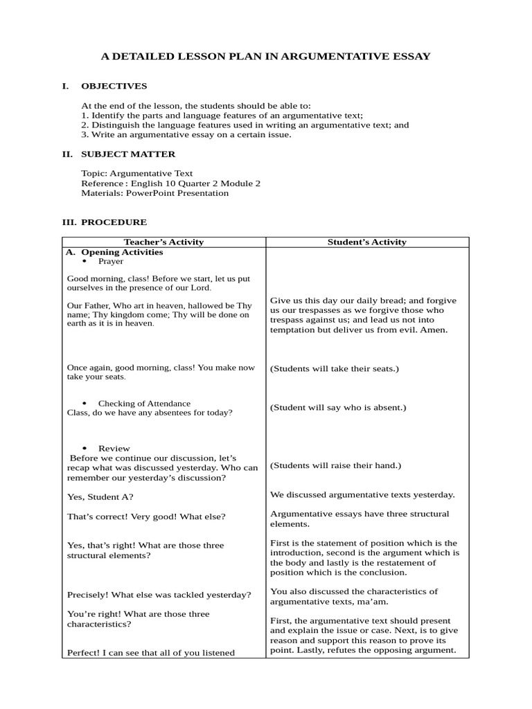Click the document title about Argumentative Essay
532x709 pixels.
click(x=266, y=56)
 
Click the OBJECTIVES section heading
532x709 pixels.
click(x=114, y=86)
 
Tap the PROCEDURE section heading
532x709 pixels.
click(x=114, y=222)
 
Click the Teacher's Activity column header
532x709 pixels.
click(x=163, y=242)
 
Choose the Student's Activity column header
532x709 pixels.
click(x=366, y=242)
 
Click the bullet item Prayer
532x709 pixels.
click(x=111, y=262)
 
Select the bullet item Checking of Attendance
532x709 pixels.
click(x=144, y=403)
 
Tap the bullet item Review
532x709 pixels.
click(x=114, y=448)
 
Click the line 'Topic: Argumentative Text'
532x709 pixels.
click(x=137, y=173)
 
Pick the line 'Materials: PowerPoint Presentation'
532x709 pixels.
click(x=154, y=193)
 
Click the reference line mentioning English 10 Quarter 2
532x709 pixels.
click(x=170, y=183)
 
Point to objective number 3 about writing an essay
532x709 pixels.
click(x=186, y=134)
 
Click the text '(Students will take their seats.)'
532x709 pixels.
click(x=335, y=368)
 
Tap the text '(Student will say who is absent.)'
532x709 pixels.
click(x=338, y=407)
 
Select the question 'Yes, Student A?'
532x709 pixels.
click(x=100, y=496)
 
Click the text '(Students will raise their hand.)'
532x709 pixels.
click(x=335, y=465)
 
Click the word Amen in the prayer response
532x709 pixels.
click(x=434, y=330)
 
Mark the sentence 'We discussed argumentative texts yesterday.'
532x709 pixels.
click(x=362, y=494)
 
